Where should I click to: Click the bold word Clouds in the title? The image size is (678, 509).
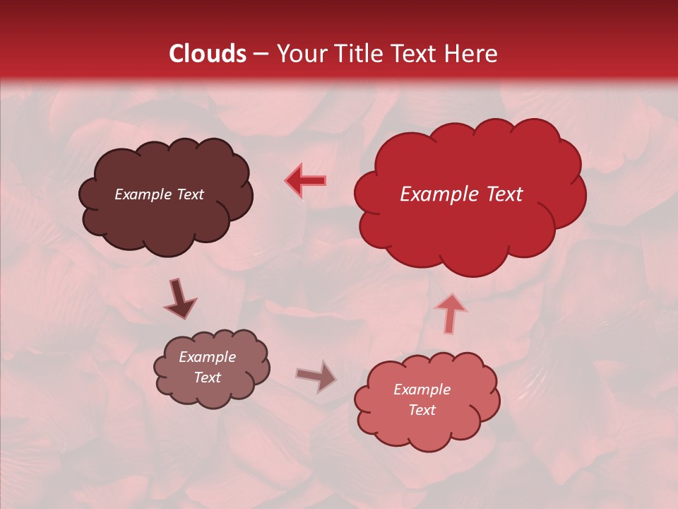coord(208,54)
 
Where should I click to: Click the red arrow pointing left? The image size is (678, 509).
coord(306,180)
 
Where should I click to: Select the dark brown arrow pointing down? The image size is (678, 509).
coord(179,299)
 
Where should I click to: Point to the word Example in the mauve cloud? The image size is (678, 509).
coord(207,357)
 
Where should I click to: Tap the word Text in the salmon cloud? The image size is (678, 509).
coord(422,410)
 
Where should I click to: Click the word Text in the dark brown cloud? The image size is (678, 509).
coord(190,194)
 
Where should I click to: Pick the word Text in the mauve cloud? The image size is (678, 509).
coord(207,378)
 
